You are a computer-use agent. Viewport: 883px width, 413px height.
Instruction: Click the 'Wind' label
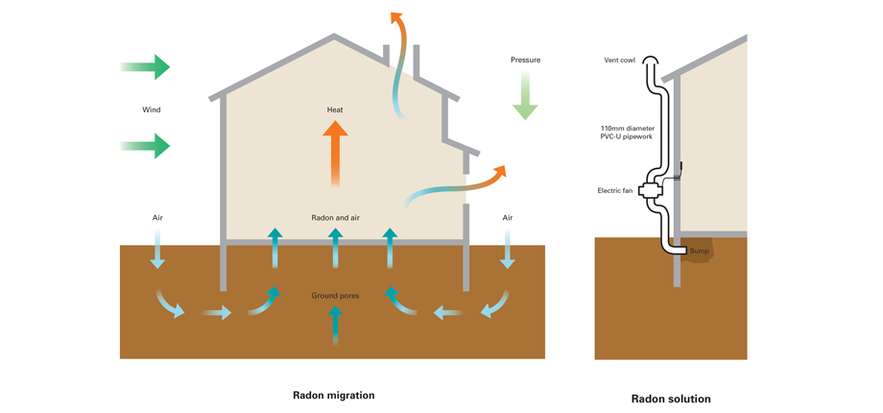pos(152,109)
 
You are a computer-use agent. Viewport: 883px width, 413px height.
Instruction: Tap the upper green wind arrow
pos(146,66)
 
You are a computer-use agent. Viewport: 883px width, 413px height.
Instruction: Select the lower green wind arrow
pos(146,146)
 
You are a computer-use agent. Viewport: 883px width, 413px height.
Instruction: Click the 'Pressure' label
pos(525,60)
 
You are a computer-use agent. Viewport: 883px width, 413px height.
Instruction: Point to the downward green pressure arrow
pos(525,96)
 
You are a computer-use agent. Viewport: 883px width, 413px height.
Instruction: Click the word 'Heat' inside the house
pos(335,109)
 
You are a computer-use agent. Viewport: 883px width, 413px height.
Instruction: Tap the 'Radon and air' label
pos(335,218)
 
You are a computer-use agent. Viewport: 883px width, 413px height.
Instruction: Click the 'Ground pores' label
pos(335,295)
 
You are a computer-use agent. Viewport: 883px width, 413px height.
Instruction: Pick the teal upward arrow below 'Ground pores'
pos(335,325)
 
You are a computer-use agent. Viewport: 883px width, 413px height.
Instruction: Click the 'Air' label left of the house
pos(157,218)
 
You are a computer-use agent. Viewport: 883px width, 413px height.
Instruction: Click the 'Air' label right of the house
pos(508,218)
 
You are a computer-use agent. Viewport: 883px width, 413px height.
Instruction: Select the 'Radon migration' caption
pos(334,395)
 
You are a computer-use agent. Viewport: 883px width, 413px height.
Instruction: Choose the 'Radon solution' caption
pos(671,399)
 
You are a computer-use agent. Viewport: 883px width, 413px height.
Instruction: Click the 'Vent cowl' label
pos(619,61)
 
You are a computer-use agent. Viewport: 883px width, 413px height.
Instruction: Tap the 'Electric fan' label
pos(614,190)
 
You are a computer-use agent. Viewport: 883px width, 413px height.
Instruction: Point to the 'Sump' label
pos(700,252)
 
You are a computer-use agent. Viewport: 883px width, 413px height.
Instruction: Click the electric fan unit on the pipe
pos(653,191)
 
